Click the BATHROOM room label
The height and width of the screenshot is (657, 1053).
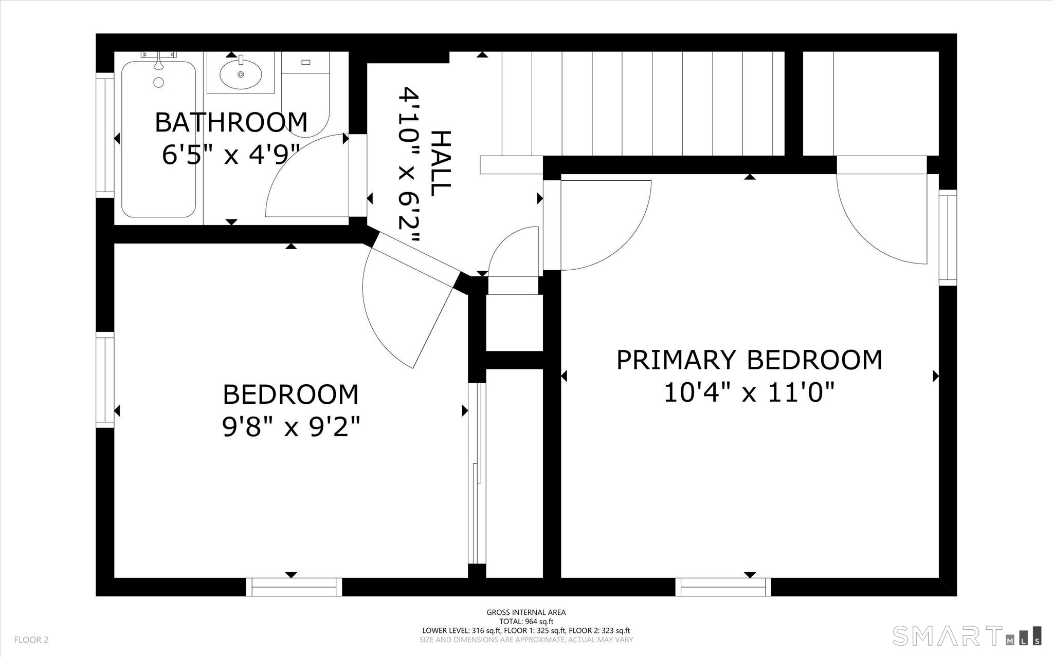click(x=231, y=122)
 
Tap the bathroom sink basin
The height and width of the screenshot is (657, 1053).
click(x=241, y=74)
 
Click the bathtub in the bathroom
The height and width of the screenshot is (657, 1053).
click(x=158, y=139)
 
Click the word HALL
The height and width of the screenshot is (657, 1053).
click(x=440, y=163)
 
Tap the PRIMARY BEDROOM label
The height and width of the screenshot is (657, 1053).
click(x=749, y=360)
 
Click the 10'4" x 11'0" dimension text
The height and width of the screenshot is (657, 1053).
click(x=749, y=393)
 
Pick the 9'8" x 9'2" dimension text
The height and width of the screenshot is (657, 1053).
click(x=291, y=427)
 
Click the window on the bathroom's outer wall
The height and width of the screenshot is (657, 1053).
click(x=105, y=136)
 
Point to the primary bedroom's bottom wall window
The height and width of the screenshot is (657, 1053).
click(x=723, y=587)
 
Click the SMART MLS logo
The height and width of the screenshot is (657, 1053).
click(x=967, y=635)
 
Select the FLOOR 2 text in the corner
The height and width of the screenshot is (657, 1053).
click(x=31, y=640)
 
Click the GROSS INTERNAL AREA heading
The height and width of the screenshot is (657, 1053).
click(x=526, y=612)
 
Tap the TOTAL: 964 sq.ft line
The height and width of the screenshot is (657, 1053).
click(x=526, y=622)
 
